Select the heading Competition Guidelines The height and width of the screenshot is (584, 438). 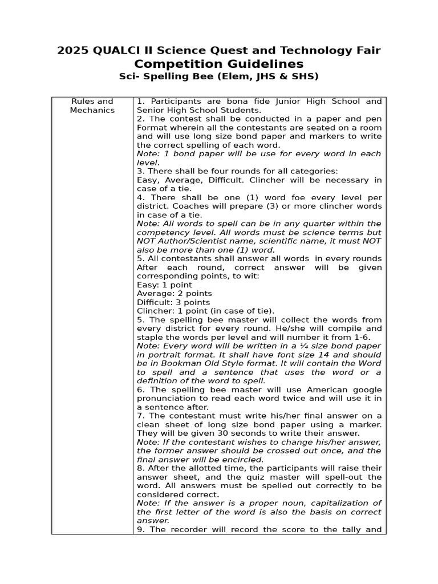tap(219, 64)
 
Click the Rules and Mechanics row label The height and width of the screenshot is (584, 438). tap(92, 106)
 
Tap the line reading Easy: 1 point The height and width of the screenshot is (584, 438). tap(164, 285)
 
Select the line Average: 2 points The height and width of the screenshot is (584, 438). tap(174, 294)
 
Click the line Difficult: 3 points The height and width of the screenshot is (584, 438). tap(173, 302)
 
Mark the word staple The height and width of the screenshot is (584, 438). tap(150, 337)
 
